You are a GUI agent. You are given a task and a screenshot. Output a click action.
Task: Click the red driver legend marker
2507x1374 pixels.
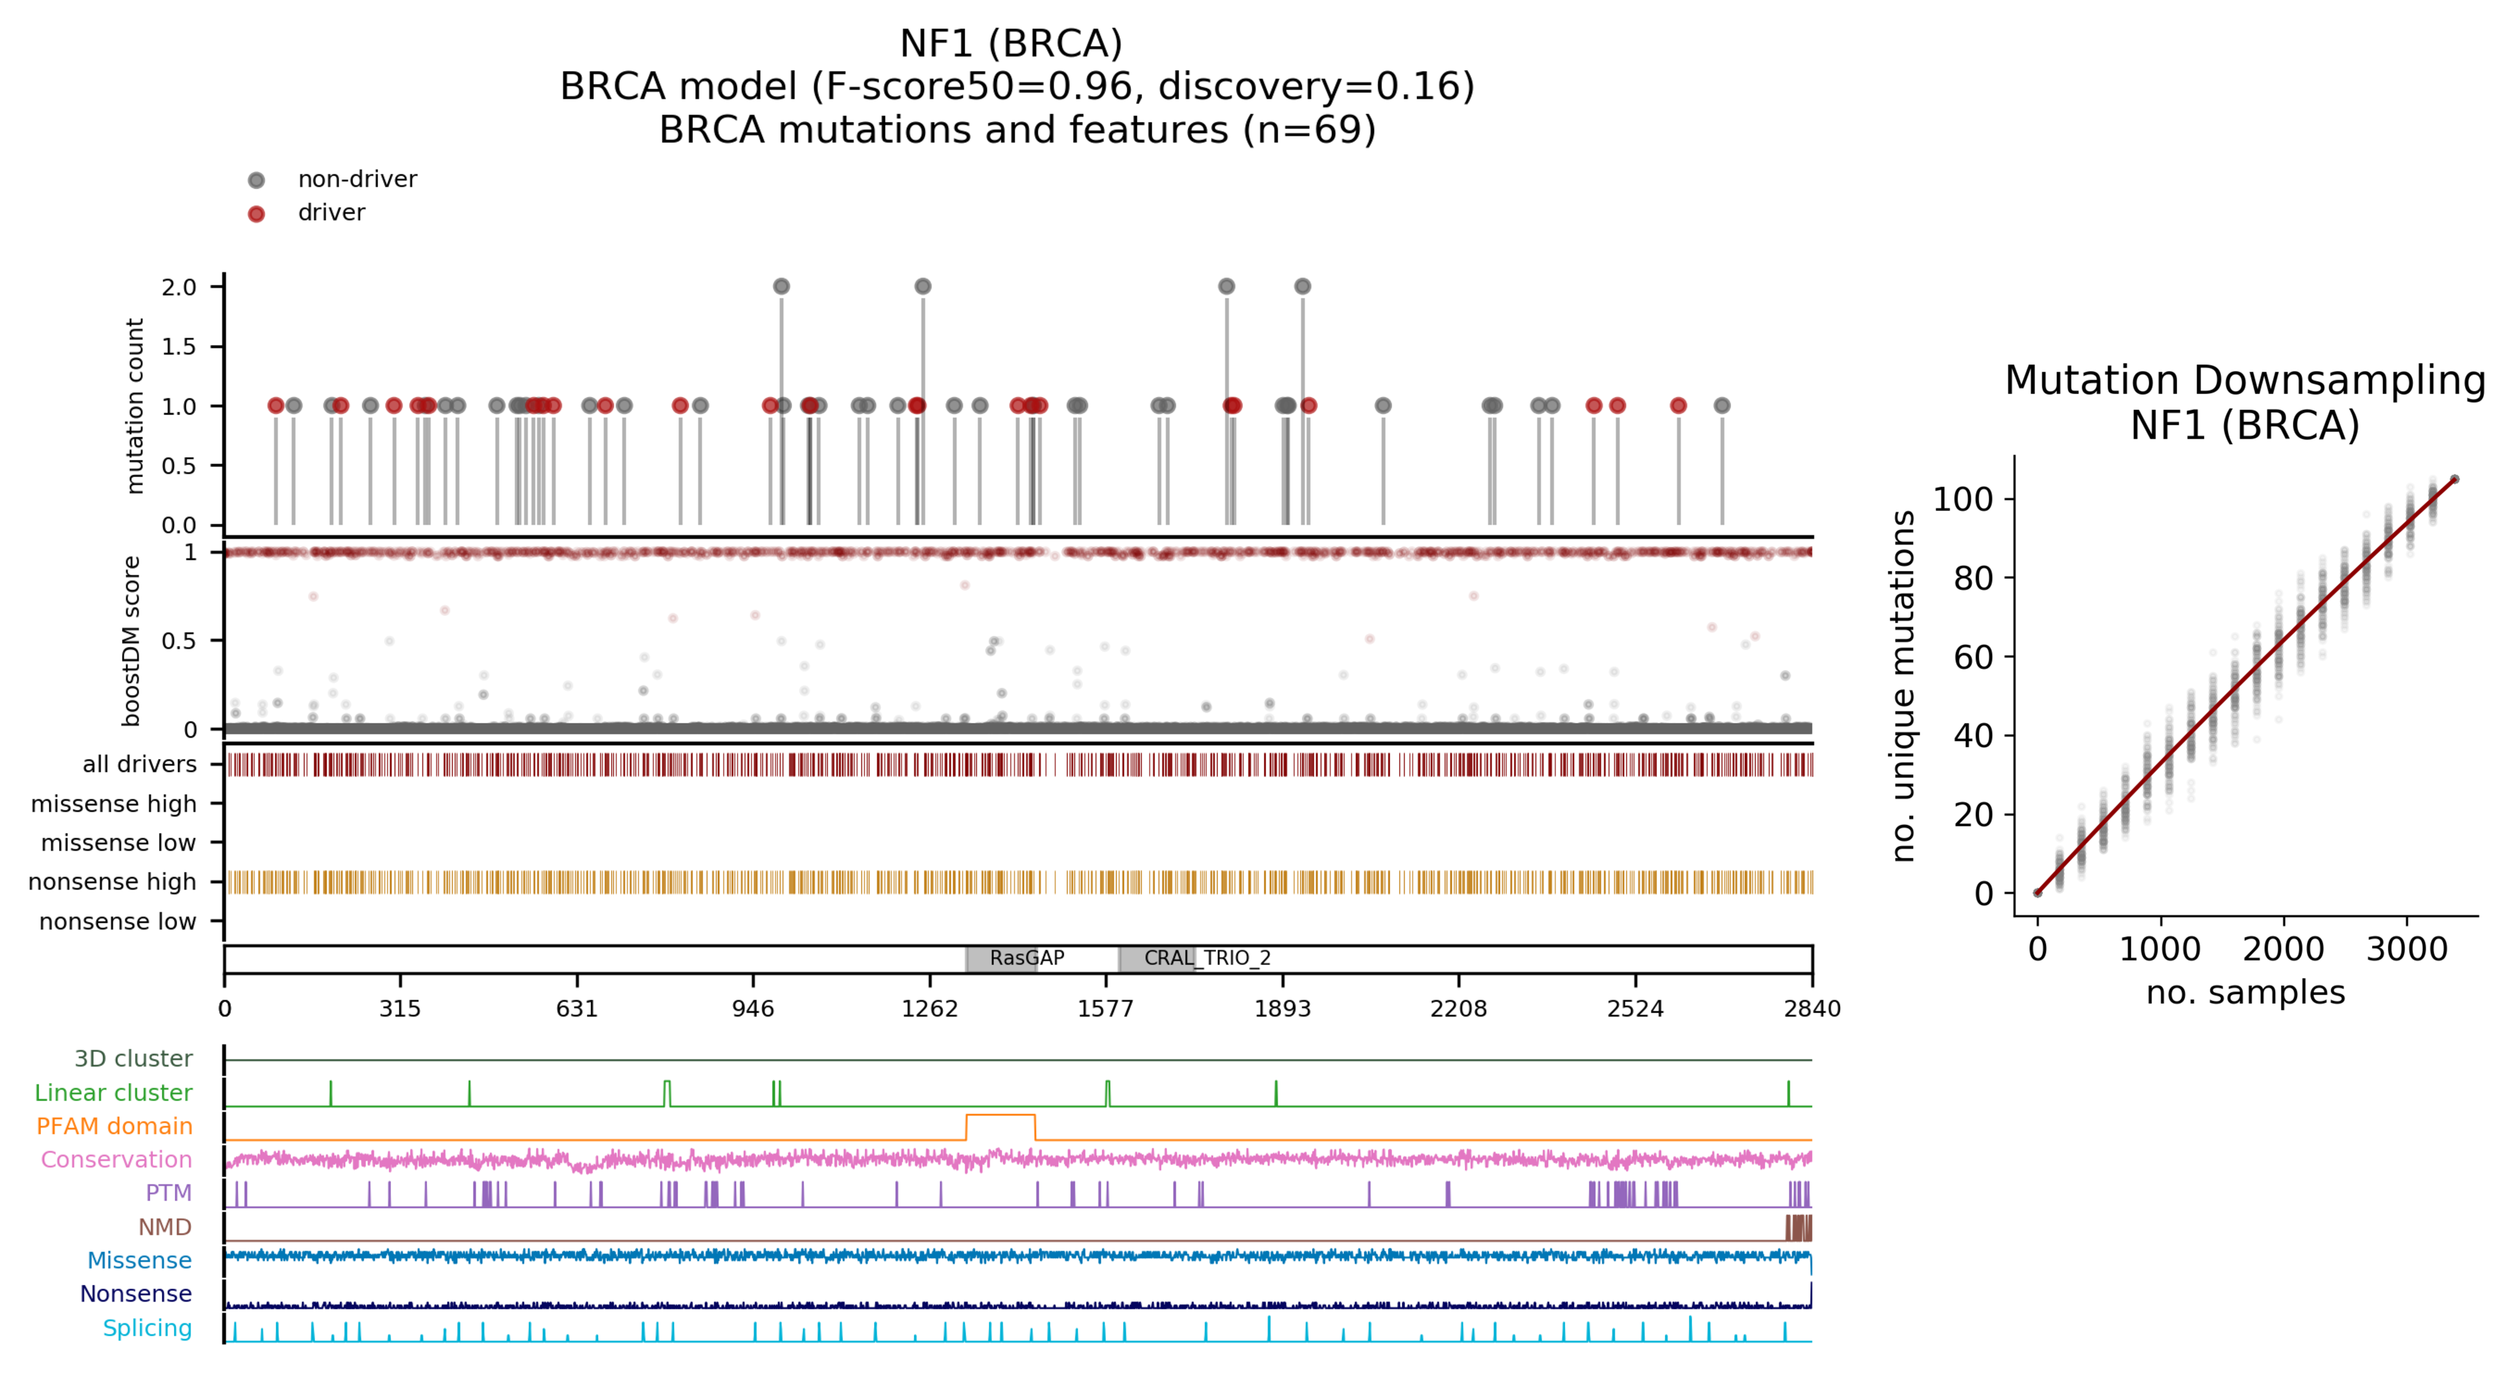tap(256, 214)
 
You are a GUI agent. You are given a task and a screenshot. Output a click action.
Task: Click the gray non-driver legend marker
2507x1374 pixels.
tap(256, 180)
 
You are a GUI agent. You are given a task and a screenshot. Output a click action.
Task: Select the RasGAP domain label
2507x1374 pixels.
tap(1027, 958)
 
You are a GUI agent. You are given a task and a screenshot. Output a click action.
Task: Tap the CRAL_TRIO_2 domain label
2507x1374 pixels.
tap(1207, 958)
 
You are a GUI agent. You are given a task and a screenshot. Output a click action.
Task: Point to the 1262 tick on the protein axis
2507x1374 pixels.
tap(929, 1008)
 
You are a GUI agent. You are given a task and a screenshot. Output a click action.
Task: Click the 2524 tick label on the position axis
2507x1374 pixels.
tap(1635, 1008)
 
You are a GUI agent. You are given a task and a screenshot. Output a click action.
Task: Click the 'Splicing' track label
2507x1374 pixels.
tap(147, 1328)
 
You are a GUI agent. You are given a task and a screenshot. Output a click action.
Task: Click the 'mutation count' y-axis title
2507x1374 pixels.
tap(135, 406)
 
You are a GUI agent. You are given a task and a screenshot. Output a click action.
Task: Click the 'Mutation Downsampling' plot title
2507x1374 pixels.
tap(2245, 381)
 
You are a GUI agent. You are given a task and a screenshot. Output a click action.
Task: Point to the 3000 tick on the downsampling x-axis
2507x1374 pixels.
tap(2407, 949)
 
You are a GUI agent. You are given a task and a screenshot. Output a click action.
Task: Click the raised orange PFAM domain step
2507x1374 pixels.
tap(1000, 1115)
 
